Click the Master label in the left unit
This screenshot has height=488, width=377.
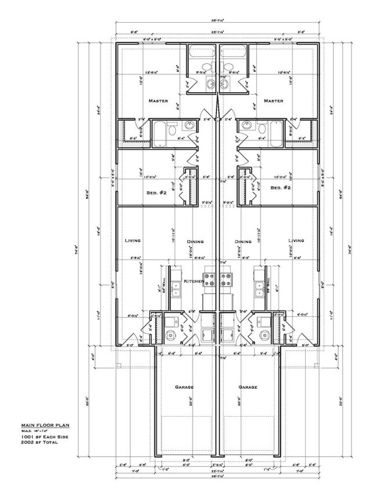[158, 101]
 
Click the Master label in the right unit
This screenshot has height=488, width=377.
[273, 101]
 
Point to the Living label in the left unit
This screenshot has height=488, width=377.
[133, 240]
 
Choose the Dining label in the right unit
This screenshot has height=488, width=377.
[242, 242]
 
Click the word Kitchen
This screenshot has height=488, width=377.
[193, 281]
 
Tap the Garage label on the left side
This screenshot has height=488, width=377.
[184, 387]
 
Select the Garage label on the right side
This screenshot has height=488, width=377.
[248, 387]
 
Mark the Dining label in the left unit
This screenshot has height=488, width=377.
[194, 242]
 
